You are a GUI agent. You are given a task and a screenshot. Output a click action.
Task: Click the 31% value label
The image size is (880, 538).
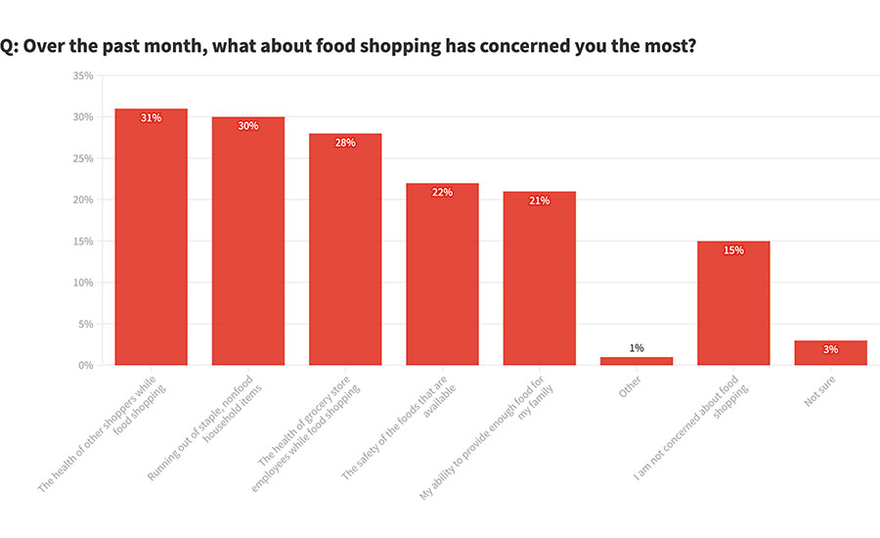(151, 117)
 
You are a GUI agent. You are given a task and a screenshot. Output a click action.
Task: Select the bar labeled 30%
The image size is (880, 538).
(247, 245)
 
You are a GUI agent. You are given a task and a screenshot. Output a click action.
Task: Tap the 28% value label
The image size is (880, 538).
(344, 143)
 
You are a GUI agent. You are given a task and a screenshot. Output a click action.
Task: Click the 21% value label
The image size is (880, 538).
(539, 201)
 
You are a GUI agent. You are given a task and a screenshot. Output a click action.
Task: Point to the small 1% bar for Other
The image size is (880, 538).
(636, 361)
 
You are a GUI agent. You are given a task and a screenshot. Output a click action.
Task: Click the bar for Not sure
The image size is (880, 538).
(830, 353)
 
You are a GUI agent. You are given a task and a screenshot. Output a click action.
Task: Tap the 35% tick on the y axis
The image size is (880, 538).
(83, 75)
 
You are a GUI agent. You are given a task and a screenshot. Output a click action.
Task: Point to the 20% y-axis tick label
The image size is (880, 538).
(83, 200)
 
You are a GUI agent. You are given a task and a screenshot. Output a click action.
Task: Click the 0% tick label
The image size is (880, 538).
(86, 365)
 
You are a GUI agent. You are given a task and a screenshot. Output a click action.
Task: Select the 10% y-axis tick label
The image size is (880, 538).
(83, 283)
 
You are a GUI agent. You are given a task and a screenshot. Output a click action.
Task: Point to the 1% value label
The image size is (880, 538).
(636, 348)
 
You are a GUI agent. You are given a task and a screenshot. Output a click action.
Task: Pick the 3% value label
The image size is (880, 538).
(830, 349)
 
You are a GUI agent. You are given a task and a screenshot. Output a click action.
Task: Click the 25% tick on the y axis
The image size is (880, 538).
(83, 158)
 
